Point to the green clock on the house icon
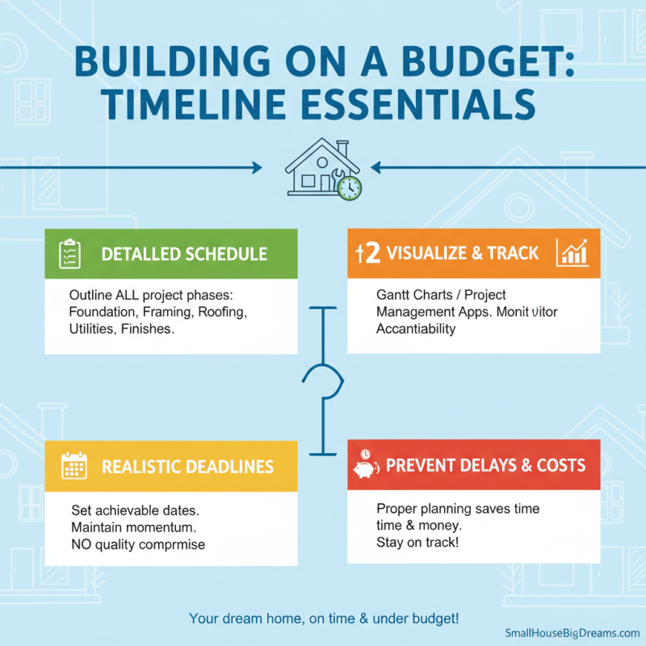click(350, 188)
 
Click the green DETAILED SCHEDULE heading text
click(184, 254)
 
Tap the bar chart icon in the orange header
click(573, 254)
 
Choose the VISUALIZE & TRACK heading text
click(463, 254)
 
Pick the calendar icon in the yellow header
click(73, 467)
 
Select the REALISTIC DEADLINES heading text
click(187, 467)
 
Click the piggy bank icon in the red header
click(366, 466)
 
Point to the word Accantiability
click(416, 329)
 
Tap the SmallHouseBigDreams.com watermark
click(573, 633)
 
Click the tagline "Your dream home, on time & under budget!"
click(324, 619)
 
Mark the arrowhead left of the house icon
click(258, 168)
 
